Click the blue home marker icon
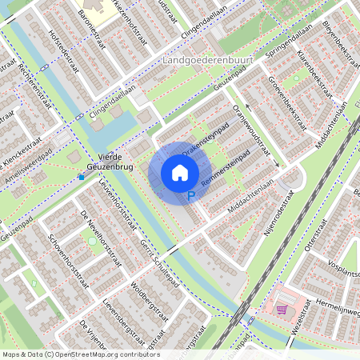180,172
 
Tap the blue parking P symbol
190,197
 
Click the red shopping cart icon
281,310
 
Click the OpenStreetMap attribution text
80,354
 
